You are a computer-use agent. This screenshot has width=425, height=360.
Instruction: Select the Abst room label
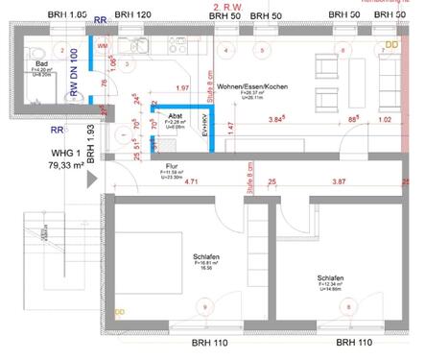(176, 115)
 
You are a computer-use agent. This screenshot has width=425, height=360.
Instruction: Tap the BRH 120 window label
(132, 16)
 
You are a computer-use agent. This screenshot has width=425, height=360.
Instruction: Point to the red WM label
(103, 46)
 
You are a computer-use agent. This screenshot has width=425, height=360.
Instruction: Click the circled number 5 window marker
(262, 50)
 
